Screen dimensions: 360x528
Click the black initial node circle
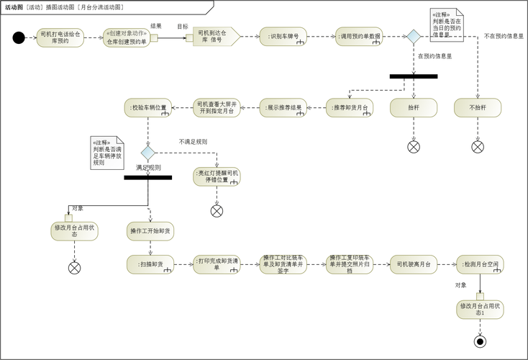point(19,37)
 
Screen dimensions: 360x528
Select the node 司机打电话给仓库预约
point(60,37)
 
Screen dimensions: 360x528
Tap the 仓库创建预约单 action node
point(127,37)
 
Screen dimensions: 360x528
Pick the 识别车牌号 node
point(283,37)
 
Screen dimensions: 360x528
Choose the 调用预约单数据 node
point(359,37)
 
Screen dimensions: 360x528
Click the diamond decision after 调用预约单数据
point(413,37)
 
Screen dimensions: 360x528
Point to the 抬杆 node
point(414,107)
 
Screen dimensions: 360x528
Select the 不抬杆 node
point(478,107)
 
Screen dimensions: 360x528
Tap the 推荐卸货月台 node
point(349,107)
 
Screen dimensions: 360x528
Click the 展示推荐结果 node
point(282,107)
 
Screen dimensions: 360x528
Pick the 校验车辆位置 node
point(149,107)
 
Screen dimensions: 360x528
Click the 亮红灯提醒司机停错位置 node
point(217,176)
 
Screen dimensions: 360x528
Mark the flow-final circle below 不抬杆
point(478,146)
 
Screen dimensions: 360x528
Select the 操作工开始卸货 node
point(150,230)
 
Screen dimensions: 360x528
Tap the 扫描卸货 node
point(150,264)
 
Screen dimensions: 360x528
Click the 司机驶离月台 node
point(414,264)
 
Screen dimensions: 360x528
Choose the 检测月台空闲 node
point(480,264)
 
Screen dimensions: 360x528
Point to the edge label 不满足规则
point(193,142)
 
